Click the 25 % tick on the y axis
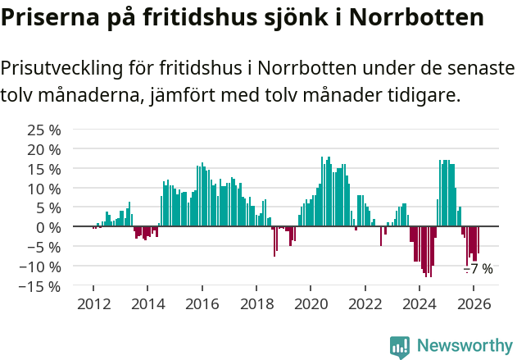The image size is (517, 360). tap(44, 130)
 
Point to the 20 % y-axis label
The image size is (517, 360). tap(44, 149)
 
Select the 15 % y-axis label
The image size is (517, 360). tap(44, 169)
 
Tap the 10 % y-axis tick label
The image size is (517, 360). tap(44, 188)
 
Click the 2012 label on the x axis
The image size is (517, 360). tap(93, 303)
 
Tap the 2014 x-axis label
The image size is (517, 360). tap(147, 303)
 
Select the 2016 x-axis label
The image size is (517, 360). tap(202, 303)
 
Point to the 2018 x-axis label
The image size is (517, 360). tap(256, 303)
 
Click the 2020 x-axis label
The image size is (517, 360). tap(311, 303)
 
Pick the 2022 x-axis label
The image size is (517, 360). tap(365, 303)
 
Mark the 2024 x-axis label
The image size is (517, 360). tap(419, 303)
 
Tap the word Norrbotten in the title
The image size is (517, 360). tap(415, 16)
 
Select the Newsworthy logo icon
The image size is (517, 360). tap(400, 346)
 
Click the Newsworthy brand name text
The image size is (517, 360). tap(465, 346)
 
